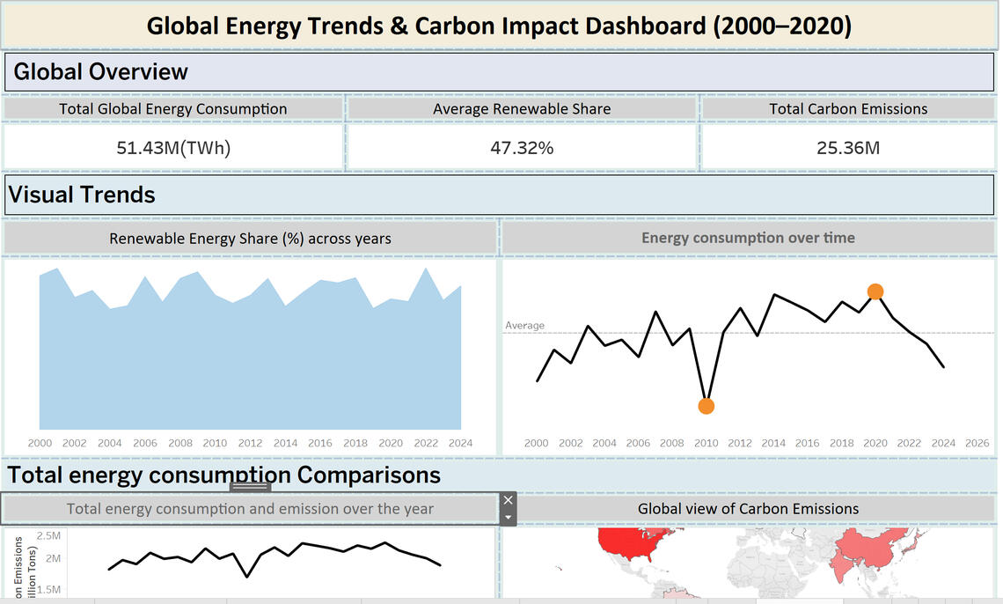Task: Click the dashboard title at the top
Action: point(499,26)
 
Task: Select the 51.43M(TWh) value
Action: point(173,148)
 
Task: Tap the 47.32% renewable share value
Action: point(522,148)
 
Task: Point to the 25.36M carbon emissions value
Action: point(847,148)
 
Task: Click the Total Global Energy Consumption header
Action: point(173,109)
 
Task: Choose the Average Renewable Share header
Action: point(522,109)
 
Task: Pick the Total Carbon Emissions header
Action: point(848,109)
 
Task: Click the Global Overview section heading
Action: point(101,72)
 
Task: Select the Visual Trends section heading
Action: point(82,195)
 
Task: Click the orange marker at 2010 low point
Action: point(706,406)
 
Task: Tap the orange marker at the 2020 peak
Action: point(875,291)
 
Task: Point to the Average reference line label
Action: point(524,326)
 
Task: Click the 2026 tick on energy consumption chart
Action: point(977,444)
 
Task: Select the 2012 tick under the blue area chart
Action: point(250,444)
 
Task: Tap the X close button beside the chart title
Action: point(508,500)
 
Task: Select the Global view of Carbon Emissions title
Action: point(748,509)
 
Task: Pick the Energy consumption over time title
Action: point(748,238)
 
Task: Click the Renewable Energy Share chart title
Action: point(250,239)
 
